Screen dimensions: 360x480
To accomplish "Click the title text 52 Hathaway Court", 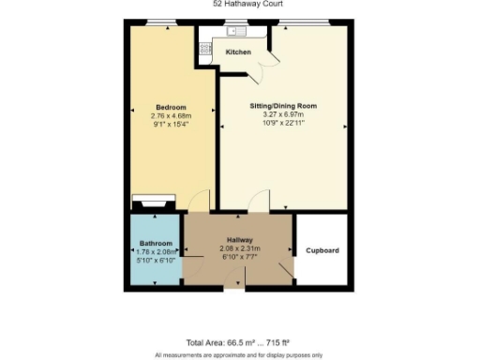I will [239, 4].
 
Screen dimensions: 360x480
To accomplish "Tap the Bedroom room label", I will [171, 106].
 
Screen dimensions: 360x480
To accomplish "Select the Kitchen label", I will [238, 52].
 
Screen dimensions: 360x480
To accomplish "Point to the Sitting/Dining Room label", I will [282, 106].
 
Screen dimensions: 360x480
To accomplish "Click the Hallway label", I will [239, 240].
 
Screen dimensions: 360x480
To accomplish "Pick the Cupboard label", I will [322, 251].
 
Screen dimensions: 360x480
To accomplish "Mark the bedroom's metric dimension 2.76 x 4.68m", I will [171, 115].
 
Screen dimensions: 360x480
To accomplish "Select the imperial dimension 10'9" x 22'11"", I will [282, 124].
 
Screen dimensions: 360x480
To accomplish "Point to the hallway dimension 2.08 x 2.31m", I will [239, 248].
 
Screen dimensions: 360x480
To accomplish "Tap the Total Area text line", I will [238, 342].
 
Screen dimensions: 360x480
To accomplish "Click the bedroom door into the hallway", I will [199, 200].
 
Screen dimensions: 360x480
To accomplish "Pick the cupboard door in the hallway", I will [286, 267].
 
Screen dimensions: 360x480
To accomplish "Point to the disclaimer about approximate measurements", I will [238, 354].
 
